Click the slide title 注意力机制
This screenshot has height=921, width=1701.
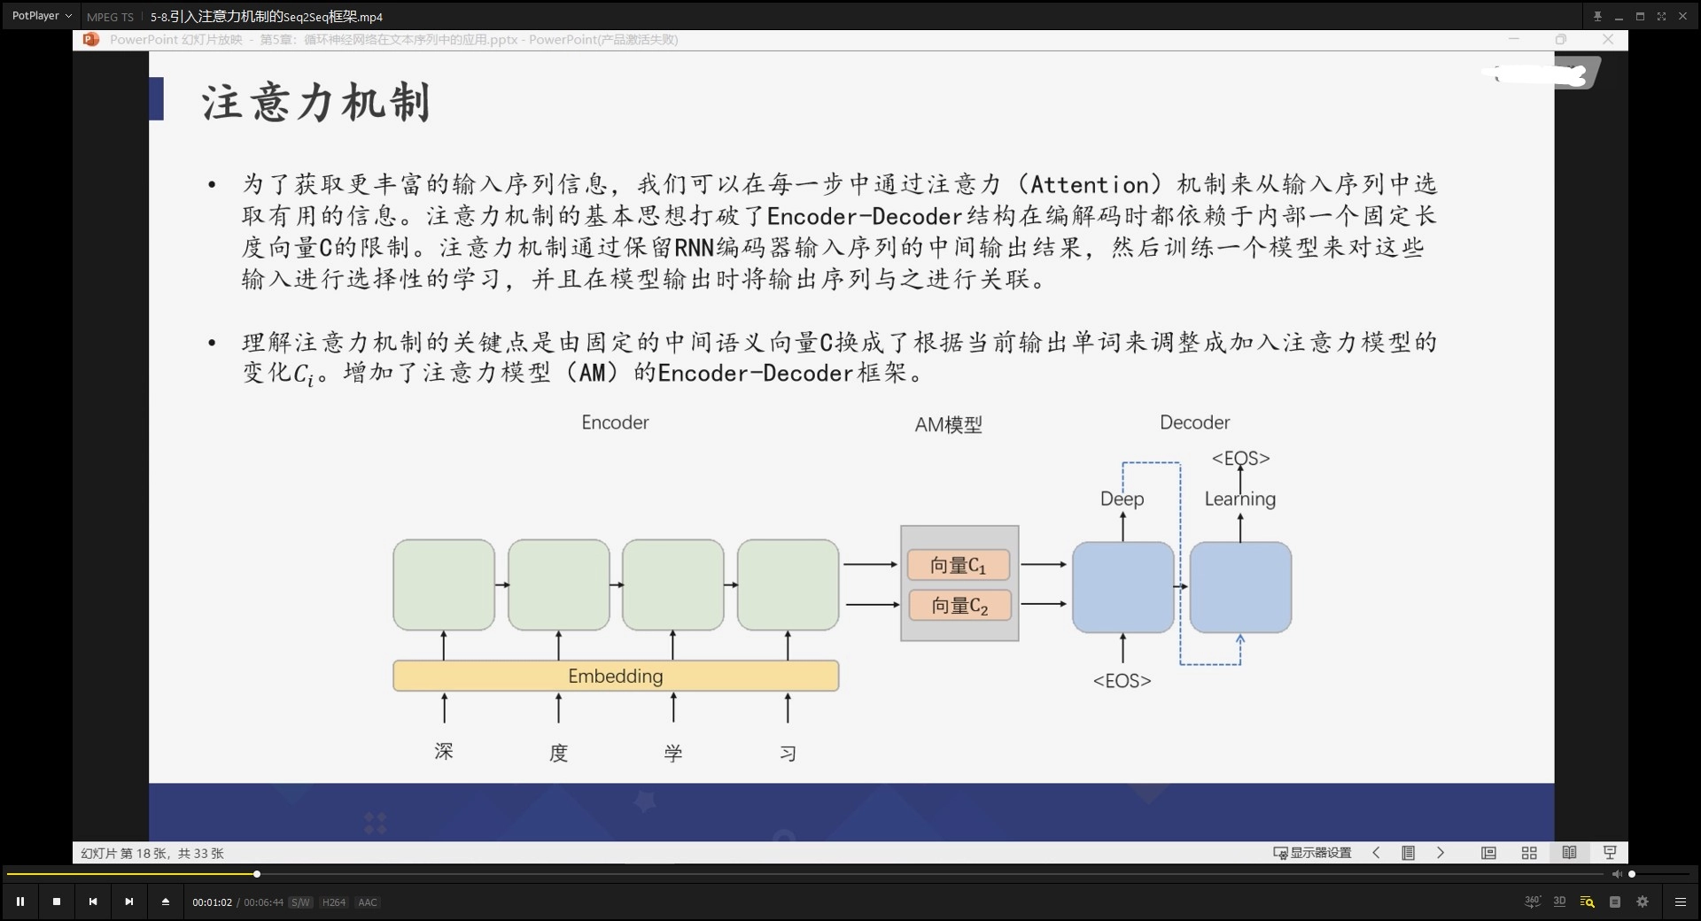click(316, 103)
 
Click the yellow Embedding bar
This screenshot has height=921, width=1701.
click(615, 676)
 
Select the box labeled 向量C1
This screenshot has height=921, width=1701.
click(959, 565)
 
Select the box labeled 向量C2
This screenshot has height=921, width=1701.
click(959, 606)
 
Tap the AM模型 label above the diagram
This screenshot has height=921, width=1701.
click(948, 425)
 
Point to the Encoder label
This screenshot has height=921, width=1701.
click(615, 422)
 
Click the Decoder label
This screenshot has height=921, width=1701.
click(1194, 422)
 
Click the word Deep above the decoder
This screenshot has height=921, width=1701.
click(1122, 499)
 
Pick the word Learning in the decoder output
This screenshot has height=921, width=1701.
click(1239, 499)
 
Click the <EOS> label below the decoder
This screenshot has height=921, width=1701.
click(1122, 681)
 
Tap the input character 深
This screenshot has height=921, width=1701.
click(444, 752)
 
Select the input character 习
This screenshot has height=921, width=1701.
click(788, 754)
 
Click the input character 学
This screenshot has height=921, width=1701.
click(673, 754)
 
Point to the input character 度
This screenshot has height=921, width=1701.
click(558, 754)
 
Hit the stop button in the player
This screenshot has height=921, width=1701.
click(57, 902)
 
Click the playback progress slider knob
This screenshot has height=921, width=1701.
click(257, 874)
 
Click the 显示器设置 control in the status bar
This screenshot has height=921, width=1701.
click(1313, 853)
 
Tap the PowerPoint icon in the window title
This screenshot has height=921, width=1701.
click(90, 40)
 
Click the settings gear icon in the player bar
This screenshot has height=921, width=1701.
click(1643, 902)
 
